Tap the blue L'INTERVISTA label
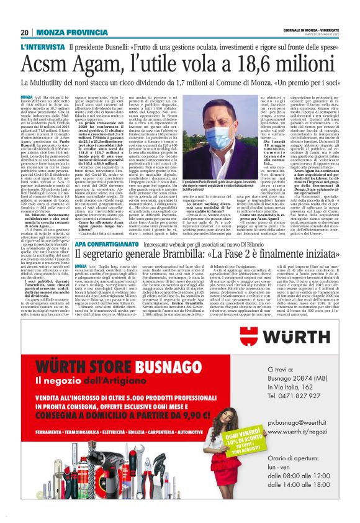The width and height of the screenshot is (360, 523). [42, 47]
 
